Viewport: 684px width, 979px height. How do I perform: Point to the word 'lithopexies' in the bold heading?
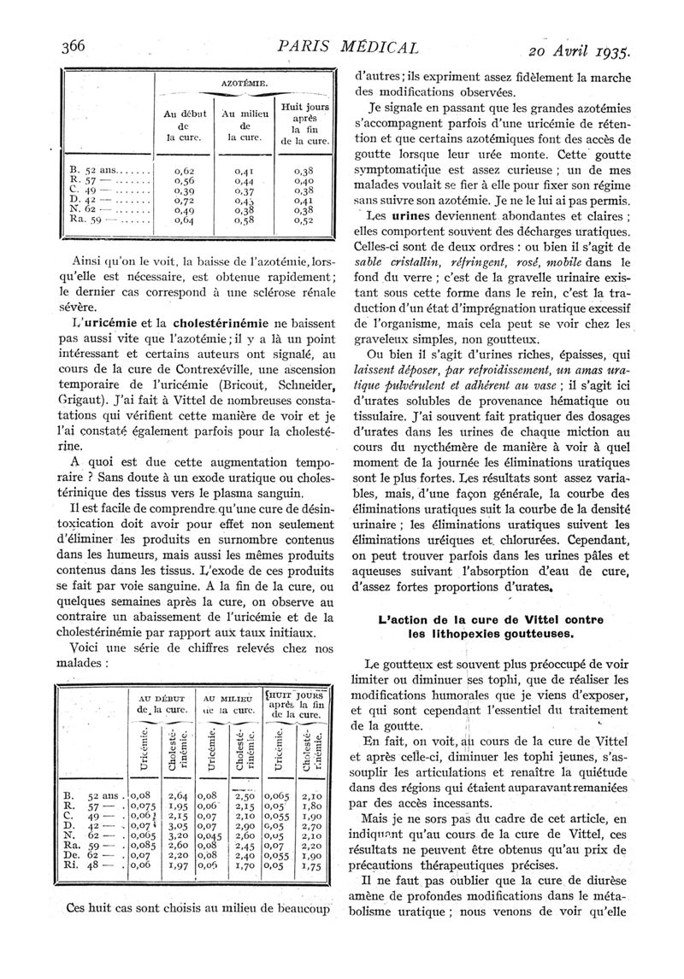456,635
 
